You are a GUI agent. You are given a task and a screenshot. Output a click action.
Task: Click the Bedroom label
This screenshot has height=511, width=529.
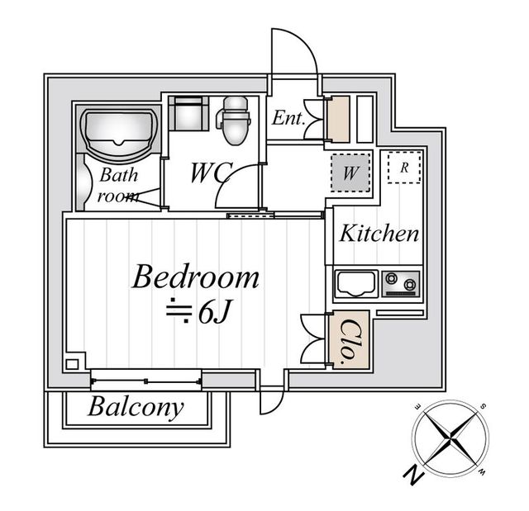tap(196, 277)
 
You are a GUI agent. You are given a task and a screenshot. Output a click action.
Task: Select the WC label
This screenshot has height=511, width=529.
tap(212, 173)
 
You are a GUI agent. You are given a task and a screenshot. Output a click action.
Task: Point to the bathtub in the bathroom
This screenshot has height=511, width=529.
tap(119, 132)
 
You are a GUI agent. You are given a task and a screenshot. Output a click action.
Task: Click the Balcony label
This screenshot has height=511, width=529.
tap(136, 407)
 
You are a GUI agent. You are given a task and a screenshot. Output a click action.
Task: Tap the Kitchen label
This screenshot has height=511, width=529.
tap(379, 233)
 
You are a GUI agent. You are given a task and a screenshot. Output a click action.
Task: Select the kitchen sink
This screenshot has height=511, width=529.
tap(356, 284)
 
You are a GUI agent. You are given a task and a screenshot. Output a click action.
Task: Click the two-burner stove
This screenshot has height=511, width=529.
tap(401, 284)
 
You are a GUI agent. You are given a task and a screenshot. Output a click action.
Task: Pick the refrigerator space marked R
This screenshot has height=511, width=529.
tap(404, 168)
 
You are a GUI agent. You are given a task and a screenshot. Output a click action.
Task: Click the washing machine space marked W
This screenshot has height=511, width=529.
tap(350, 173)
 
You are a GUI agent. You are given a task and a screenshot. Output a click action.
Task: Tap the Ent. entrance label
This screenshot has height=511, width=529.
tap(288, 118)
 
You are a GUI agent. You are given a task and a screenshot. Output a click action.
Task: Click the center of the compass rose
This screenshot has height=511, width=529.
tap(450, 438)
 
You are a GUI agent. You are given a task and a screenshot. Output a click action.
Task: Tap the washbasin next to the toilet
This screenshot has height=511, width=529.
tap(188, 114)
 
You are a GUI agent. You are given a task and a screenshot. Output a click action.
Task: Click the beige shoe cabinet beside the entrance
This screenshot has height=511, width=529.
tap(339, 119)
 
